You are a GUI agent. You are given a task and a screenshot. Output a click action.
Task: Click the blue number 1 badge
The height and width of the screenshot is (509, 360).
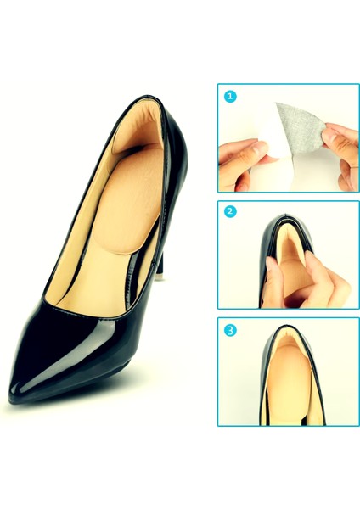[x=229, y=96]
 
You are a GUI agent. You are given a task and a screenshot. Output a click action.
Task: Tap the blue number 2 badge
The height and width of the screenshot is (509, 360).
[x=229, y=213]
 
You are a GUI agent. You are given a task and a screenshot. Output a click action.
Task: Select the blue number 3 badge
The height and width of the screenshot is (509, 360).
[x=229, y=330]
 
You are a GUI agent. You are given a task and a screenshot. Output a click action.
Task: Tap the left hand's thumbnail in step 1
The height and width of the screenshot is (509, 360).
[x=261, y=149]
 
